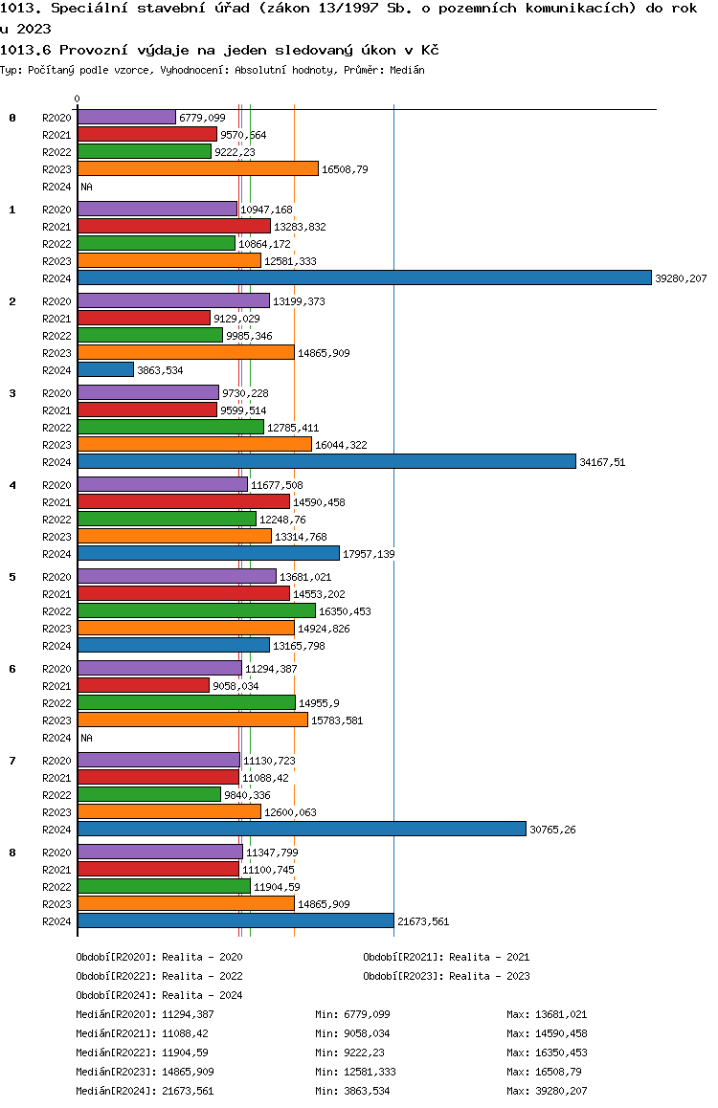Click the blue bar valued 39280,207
(x=365, y=277)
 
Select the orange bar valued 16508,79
(x=198, y=168)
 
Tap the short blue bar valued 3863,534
(x=105, y=369)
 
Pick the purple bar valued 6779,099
(x=126, y=117)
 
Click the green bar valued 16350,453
(x=196, y=610)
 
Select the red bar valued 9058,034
(x=144, y=685)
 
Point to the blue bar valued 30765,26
(x=302, y=829)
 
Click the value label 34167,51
(x=602, y=462)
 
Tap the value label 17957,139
(x=369, y=554)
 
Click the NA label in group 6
(x=86, y=738)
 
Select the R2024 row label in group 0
(x=56, y=187)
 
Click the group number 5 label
(x=12, y=577)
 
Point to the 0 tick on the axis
(x=77, y=99)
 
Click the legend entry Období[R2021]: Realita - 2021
(x=446, y=957)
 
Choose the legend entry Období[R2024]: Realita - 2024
(x=159, y=995)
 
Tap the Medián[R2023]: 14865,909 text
(x=145, y=1072)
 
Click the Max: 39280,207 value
(x=547, y=1091)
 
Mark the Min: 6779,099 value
(x=352, y=1014)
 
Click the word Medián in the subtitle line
(x=407, y=70)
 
